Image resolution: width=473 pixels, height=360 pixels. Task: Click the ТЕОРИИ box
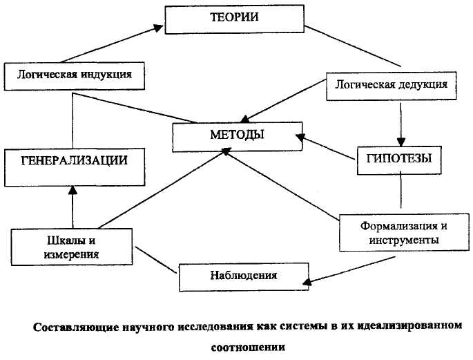point(235,19)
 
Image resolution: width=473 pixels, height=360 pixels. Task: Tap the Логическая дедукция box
point(391,85)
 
